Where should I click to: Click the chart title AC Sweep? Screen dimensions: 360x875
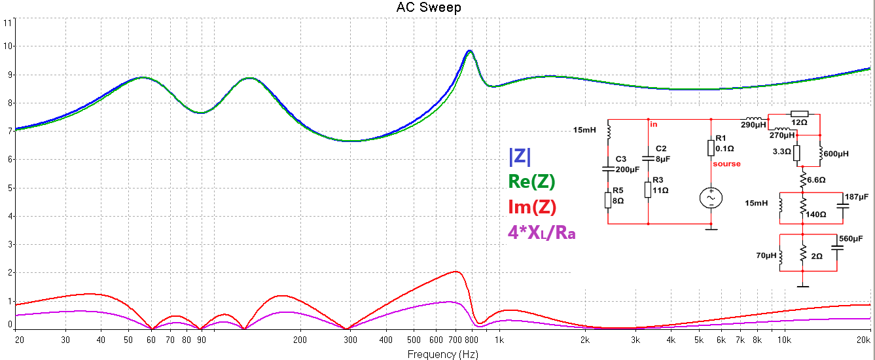click(x=429, y=8)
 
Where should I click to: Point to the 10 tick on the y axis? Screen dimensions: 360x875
click(x=8, y=46)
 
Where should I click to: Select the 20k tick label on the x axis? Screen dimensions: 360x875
click(x=863, y=340)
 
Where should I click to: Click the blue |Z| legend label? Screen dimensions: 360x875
click(x=520, y=157)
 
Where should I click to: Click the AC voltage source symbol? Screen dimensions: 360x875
click(x=711, y=198)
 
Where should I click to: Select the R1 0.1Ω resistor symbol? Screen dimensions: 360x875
click(x=711, y=147)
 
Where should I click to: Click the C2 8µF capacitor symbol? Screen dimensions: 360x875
click(x=648, y=158)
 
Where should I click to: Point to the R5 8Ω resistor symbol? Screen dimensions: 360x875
click(x=608, y=199)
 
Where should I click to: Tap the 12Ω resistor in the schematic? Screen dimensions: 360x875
click(x=800, y=114)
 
